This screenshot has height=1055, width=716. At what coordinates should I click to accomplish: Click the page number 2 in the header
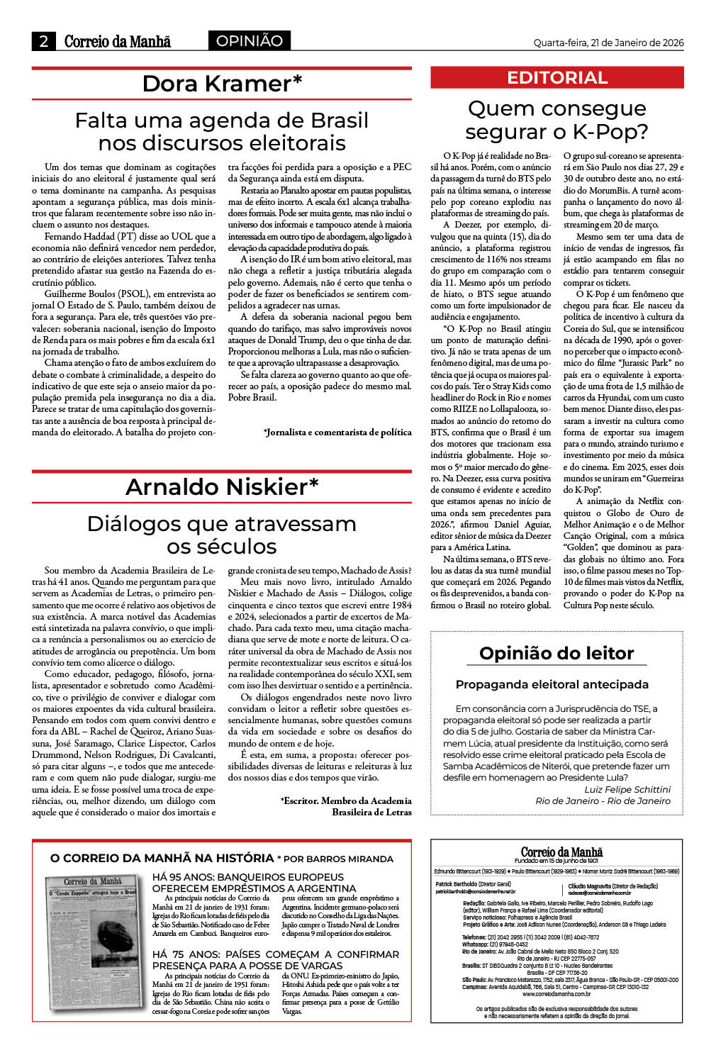click(44, 41)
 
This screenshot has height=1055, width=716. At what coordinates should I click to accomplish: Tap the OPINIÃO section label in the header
click(249, 41)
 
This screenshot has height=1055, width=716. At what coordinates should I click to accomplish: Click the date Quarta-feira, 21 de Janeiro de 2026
click(608, 43)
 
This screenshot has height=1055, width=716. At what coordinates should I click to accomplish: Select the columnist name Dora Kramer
click(222, 84)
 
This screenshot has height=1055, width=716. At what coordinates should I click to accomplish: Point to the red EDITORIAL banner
click(557, 78)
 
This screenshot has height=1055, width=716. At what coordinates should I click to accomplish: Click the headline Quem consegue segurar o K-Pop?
click(557, 120)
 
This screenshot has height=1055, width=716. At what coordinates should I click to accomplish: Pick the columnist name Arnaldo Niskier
click(222, 487)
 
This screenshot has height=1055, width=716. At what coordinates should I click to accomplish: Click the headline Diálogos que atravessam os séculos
click(222, 535)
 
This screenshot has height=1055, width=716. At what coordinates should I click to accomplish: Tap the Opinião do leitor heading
click(556, 653)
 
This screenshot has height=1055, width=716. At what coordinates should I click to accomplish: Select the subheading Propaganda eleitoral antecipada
click(552, 684)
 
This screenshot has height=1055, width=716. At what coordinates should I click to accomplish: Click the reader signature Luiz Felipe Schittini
click(627, 789)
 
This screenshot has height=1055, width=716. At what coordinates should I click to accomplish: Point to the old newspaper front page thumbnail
click(94, 944)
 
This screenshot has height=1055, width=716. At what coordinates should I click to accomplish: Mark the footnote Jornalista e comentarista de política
click(337, 432)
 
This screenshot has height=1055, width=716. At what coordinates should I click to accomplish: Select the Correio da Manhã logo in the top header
click(118, 41)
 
